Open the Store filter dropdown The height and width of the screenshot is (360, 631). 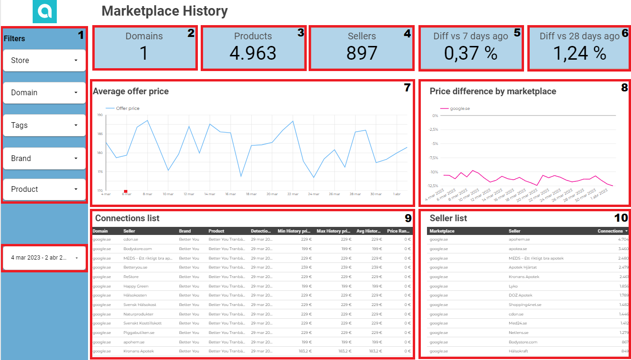tap(44, 61)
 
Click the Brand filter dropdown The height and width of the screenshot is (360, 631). tap(44, 158)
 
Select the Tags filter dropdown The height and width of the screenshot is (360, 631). tap(44, 126)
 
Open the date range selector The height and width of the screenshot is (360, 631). tap(44, 258)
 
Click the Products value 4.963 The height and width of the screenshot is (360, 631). tap(253, 54)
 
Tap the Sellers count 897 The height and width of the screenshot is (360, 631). tap(362, 54)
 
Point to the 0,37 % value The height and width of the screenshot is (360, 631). tap(471, 54)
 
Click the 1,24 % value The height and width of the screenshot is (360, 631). tap(579, 54)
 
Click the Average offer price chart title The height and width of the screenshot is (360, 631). tap(131, 91)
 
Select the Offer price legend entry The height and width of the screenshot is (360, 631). tap(127, 108)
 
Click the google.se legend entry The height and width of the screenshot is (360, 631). tap(460, 108)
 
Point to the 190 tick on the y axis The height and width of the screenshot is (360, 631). tap(100, 115)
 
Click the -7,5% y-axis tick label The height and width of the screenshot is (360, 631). tap(433, 158)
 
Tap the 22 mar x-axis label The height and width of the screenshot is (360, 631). tap(293, 194)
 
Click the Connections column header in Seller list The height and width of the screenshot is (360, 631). tap(610, 231)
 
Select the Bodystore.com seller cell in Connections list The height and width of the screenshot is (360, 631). tap(138, 249)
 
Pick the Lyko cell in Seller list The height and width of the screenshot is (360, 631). tap(514, 286)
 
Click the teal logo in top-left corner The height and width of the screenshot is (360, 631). tap(44, 12)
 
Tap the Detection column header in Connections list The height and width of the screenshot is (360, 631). tap(261, 231)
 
